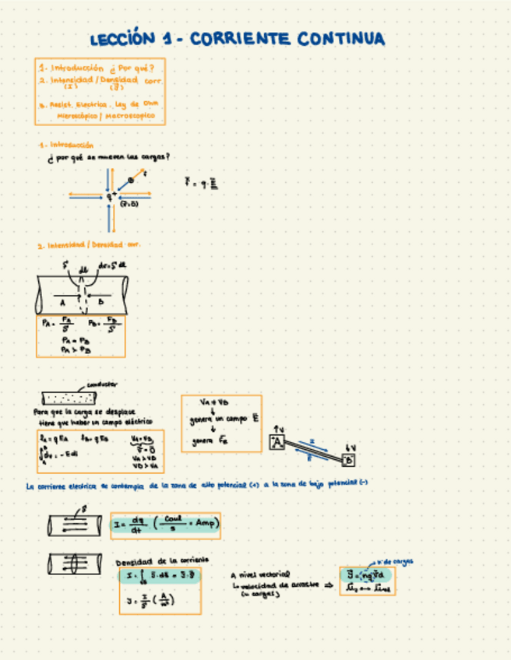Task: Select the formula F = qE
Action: click(x=201, y=184)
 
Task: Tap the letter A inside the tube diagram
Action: click(x=62, y=301)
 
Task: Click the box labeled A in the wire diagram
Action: click(x=277, y=443)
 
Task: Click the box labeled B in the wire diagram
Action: click(x=347, y=461)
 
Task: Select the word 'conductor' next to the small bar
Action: click(x=102, y=384)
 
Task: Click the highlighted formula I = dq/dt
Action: click(x=165, y=525)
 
